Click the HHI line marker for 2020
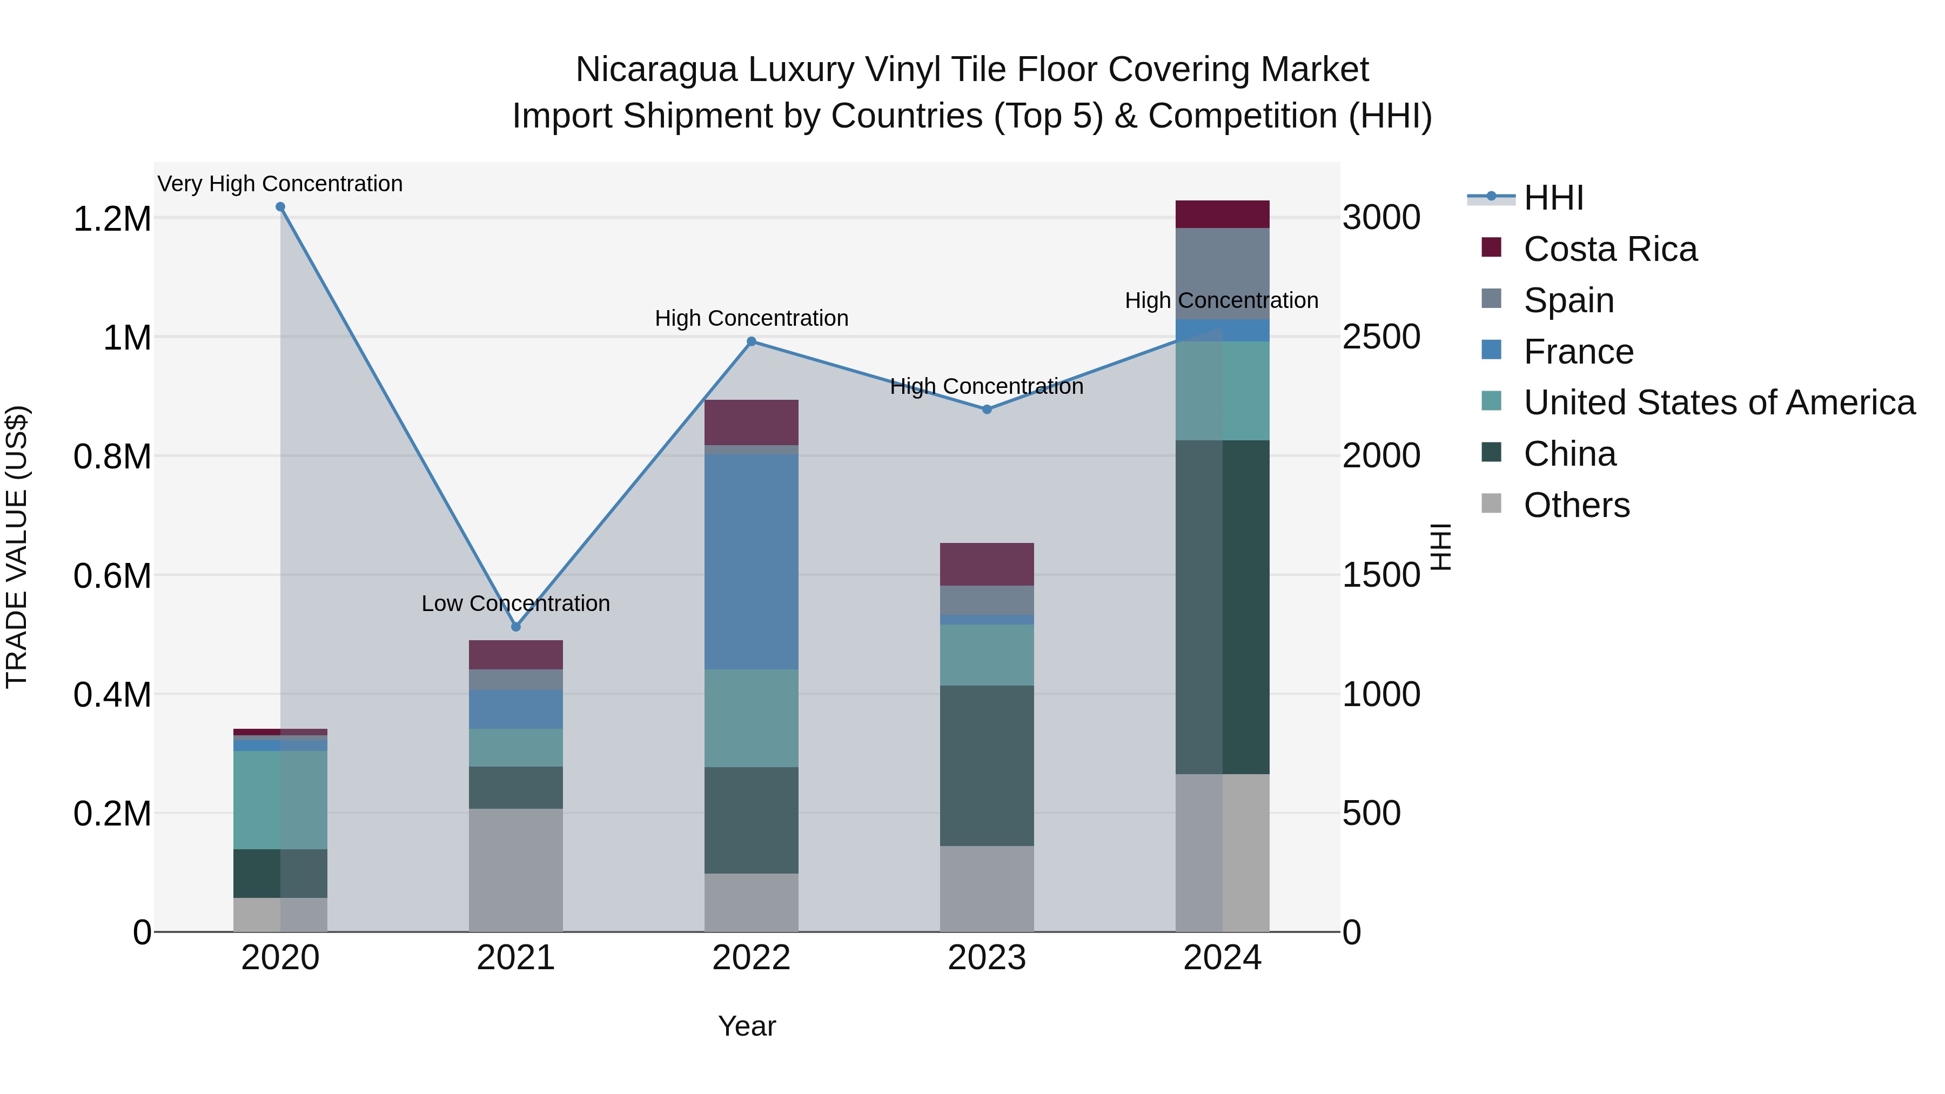tap(280, 207)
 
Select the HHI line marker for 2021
tap(516, 627)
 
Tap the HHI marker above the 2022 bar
tap(752, 342)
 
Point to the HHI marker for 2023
tap(987, 409)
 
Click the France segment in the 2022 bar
tap(752, 562)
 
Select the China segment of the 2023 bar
tap(987, 766)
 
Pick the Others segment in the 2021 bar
tap(516, 870)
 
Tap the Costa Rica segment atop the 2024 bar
tap(1223, 214)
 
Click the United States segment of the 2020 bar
tap(280, 800)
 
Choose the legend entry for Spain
tap(1568, 300)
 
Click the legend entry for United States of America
tap(1719, 402)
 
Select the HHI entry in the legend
tap(1552, 198)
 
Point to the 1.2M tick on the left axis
tap(112, 219)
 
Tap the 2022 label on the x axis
tap(752, 958)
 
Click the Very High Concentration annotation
tap(280, 184)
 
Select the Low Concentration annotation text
tap(516, 603)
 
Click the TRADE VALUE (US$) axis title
tap(17, 547)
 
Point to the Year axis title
tap(747, 1026)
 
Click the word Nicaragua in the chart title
tap(655, 70)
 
